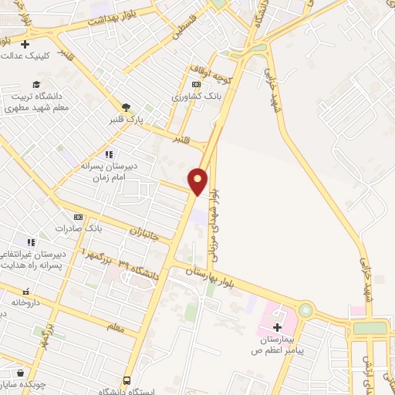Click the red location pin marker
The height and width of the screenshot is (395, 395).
click(x=198, y=181)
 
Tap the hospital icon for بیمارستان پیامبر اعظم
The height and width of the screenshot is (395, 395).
click(x=277, y=328)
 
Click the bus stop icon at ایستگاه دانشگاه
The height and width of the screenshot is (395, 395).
click(x=127, y=380)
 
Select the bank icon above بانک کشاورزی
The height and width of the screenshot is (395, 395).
click(x=196, y=84)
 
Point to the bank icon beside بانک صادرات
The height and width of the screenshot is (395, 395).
click(x=77, y=218)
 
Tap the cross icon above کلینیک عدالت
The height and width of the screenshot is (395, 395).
click(x=25, y=44)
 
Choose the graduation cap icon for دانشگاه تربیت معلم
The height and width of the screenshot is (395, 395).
click(x=36, y=85)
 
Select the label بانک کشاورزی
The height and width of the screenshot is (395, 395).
click(x=197, y=97)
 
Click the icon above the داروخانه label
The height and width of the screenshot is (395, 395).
click(x=25, y=292)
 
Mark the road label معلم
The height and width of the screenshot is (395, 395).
click(x=116, y=328)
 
